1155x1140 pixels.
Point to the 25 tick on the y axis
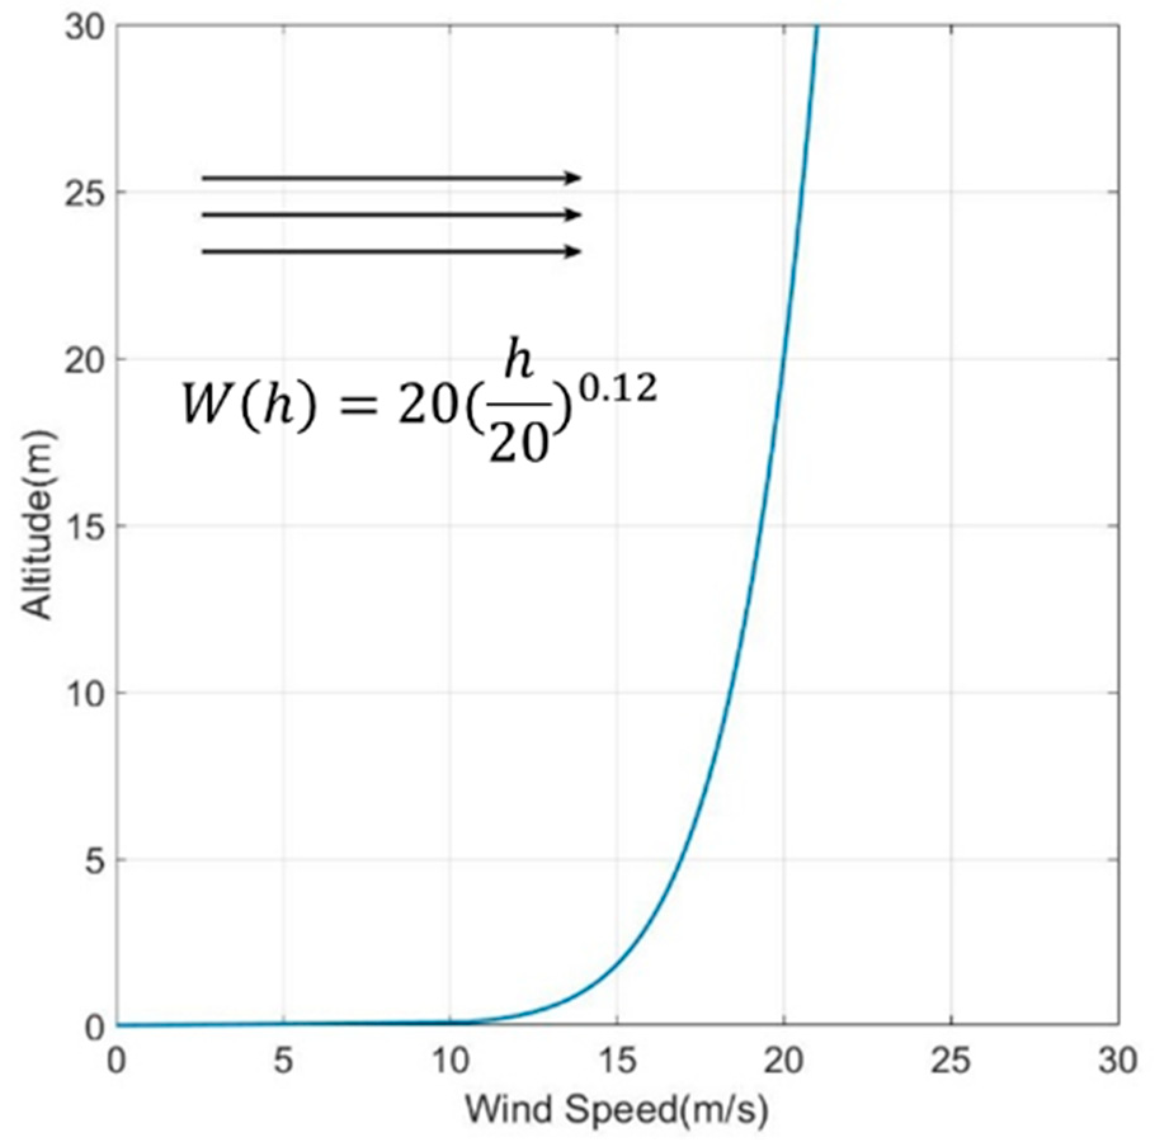[x=87, y=192]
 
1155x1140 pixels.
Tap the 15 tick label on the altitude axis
[x=87, y=526]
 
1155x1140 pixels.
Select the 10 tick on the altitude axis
[x=87, y=693]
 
